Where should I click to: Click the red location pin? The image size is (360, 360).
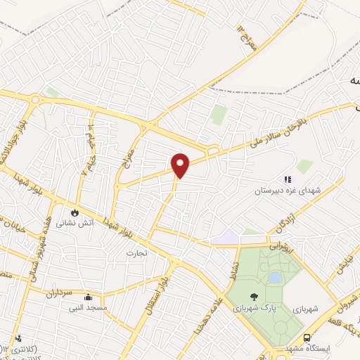181,165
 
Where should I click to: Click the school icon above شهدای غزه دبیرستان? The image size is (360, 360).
287,180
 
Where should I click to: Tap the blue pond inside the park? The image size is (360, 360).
274,277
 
